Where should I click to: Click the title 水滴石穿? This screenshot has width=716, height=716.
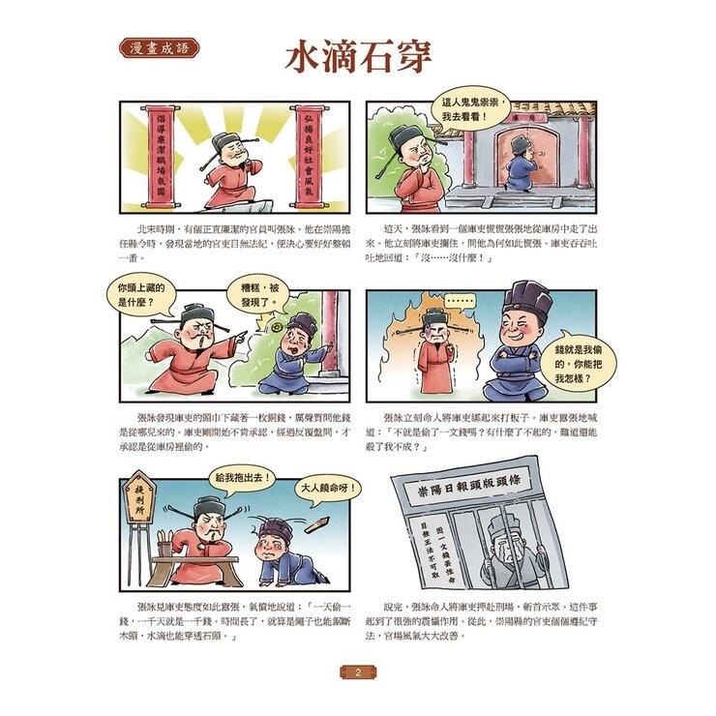click(x=357, y=56)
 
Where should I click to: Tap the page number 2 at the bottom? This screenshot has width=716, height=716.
click(x=357, y=671)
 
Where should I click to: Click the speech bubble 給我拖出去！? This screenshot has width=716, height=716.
click(x=239, y=478)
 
